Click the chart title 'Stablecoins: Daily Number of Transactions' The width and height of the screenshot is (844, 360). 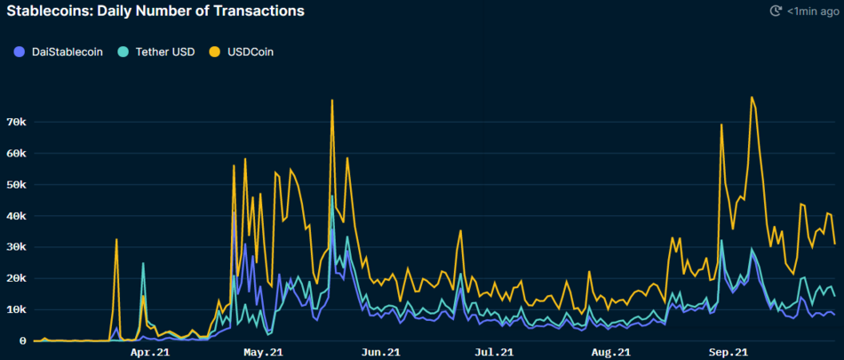click(x=155, y=12)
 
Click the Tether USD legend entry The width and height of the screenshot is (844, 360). click(x=160, y=52)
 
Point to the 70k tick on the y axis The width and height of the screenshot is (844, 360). click(x=18, y=122)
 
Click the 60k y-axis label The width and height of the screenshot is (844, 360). click(x=18, y=153)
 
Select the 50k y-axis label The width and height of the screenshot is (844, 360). click(x=18, y=185)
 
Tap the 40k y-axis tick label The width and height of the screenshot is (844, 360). click(x=18, y=216)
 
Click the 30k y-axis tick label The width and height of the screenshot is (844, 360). click(x=18, y=247)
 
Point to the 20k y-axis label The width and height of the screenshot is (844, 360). click(x=18, y=278)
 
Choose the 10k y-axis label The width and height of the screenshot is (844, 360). click(x=18, y=309)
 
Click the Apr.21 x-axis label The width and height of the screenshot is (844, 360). click(x=150, y=353)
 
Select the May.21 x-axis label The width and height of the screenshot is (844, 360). click(x=264, y=353)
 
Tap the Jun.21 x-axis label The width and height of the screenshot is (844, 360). click(x=381, y=353)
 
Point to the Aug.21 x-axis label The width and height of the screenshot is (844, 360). click(x=611, y=353)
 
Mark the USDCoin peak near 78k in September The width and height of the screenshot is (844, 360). click(x=752, y=97)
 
